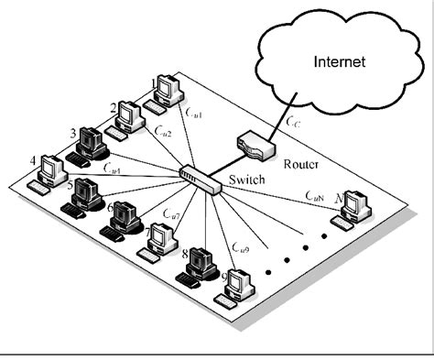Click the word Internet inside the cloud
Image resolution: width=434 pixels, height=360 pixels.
[x=340, y=62]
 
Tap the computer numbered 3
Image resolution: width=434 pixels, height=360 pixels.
[x=91, y=144]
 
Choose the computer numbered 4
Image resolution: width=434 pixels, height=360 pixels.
[x=50, y=173]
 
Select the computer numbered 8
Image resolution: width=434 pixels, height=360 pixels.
[x=200, y=265]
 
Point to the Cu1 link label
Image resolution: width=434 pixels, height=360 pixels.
[x=194, y=113]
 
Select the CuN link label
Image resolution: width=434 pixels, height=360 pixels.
[x=314, y=194]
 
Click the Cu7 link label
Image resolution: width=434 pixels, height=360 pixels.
[x=169, y=214]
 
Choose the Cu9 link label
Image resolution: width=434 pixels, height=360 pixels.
[x=240, y=247]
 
